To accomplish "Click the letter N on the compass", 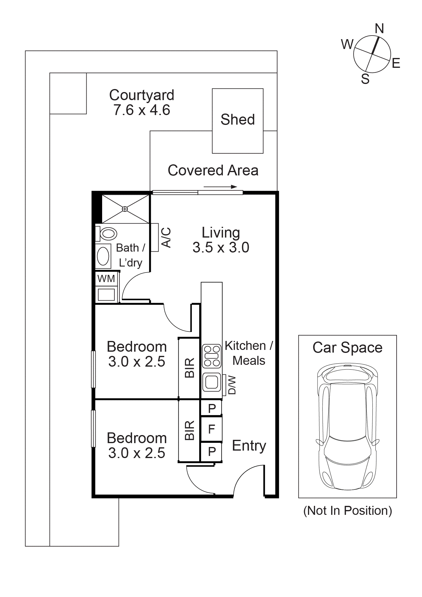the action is tap(379, 29).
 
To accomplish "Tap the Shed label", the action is tap(238, 120).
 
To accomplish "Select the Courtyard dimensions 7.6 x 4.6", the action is tap(142, 110).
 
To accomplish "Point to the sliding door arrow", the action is tap(220, 187).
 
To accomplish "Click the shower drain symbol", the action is tap(125, 209).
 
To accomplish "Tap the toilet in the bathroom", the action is tap(106, 234).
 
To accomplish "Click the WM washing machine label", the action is tap(106, 279).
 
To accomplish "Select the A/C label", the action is tap(166, 238).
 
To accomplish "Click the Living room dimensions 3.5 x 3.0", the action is tap(221, 247).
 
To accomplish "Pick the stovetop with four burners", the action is tap(212, 356).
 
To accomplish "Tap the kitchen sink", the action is tap(212, 382).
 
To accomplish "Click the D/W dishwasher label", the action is tap(232, 385).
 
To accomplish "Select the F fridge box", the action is tap(211, 429).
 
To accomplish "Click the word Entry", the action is tap(249, 446).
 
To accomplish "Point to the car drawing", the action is tap(348, 426).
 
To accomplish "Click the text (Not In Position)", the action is tap(348, 511).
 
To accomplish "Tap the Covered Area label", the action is tap(213, 170).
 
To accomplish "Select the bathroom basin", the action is tap(103, 256).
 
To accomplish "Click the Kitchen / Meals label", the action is tap(249, 353).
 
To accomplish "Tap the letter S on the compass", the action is tap(365, 79).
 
